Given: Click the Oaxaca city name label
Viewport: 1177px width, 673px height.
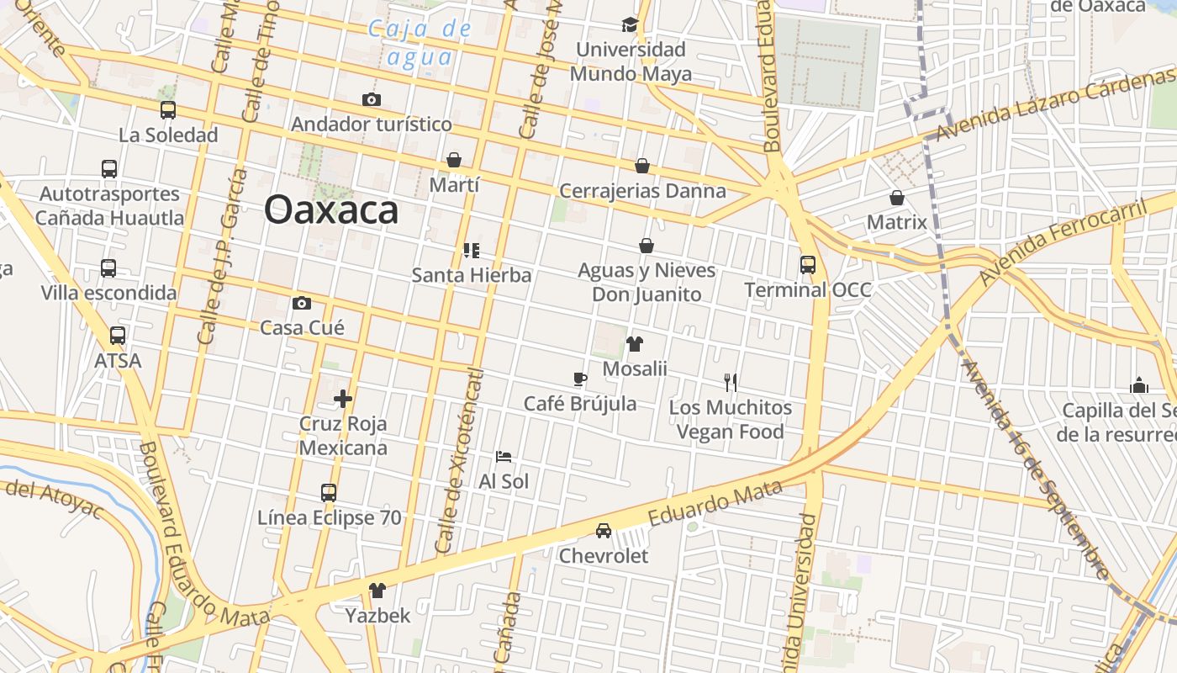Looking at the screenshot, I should coord(331,209).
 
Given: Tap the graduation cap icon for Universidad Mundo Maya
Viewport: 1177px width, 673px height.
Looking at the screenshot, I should coord(630,24).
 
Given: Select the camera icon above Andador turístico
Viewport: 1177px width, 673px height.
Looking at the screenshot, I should coord(372,99).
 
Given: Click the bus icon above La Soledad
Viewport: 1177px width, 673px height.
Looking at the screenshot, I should coord(168,110).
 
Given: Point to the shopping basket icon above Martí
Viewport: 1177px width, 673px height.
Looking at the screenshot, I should coord(454,160).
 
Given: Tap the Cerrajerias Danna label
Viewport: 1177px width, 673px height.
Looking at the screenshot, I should coord(642,191).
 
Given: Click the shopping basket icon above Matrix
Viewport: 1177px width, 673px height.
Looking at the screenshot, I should coord(897,199).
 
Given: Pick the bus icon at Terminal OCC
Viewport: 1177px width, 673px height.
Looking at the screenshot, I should coord(808,265).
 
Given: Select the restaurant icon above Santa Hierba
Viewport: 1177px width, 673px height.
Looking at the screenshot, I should coord(472,250).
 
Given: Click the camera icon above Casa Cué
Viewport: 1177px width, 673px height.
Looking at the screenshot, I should coord(302,303).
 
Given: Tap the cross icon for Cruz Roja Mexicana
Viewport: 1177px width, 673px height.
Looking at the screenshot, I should coord(343,399).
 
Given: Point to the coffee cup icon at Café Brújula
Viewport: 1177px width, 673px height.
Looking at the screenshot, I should coord(580,379).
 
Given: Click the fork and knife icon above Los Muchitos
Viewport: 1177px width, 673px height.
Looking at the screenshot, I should coord(731,383).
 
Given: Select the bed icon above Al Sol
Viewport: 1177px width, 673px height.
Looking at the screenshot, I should coord(504,457).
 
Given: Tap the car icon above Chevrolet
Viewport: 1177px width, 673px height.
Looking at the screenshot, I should coord(604,531).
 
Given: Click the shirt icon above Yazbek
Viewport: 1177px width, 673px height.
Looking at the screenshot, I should coord(377,591).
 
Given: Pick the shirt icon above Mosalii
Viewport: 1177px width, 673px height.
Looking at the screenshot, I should coord(635,344).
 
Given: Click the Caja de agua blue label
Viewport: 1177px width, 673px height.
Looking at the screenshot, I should coord(420,43).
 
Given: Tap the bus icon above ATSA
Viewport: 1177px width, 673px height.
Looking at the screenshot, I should coord(118,336).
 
